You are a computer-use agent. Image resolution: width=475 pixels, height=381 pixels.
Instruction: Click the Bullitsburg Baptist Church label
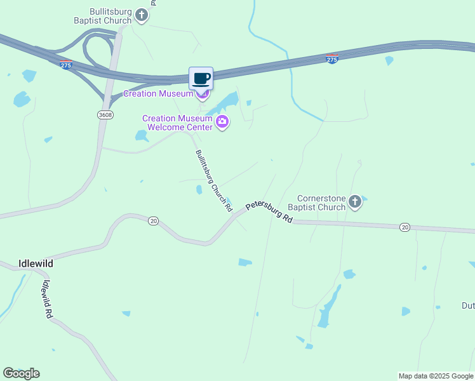[110, 15]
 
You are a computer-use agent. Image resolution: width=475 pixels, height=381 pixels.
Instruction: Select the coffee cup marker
[201, 79]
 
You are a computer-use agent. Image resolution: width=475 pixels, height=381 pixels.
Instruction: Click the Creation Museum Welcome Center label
[177, 123]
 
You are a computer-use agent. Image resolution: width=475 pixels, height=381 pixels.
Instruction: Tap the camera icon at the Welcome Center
[222, 122]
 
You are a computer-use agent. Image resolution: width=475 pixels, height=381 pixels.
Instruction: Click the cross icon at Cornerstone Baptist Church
[355, 203]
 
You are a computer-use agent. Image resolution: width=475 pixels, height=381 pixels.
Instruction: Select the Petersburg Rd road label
[269, 212]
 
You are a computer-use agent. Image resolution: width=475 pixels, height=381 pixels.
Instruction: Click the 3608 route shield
[105, 114]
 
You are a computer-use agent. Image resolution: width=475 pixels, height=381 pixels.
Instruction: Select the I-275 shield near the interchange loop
[67, 65]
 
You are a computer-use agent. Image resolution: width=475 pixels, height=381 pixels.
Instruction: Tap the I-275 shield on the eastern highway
[331, 59]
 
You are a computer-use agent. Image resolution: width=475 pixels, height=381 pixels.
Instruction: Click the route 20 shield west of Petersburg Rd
[153, 220]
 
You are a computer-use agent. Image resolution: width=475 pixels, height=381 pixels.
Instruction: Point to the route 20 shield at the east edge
[405, 227]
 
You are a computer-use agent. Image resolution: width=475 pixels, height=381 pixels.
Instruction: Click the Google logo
[21, 373]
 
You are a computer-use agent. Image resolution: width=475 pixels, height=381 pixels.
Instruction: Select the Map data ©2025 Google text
[436, 376]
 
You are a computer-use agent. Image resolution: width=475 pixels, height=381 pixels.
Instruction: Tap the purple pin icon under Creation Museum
[203, 96]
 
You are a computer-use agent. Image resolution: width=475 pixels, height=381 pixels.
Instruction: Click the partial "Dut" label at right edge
[467, 305]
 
